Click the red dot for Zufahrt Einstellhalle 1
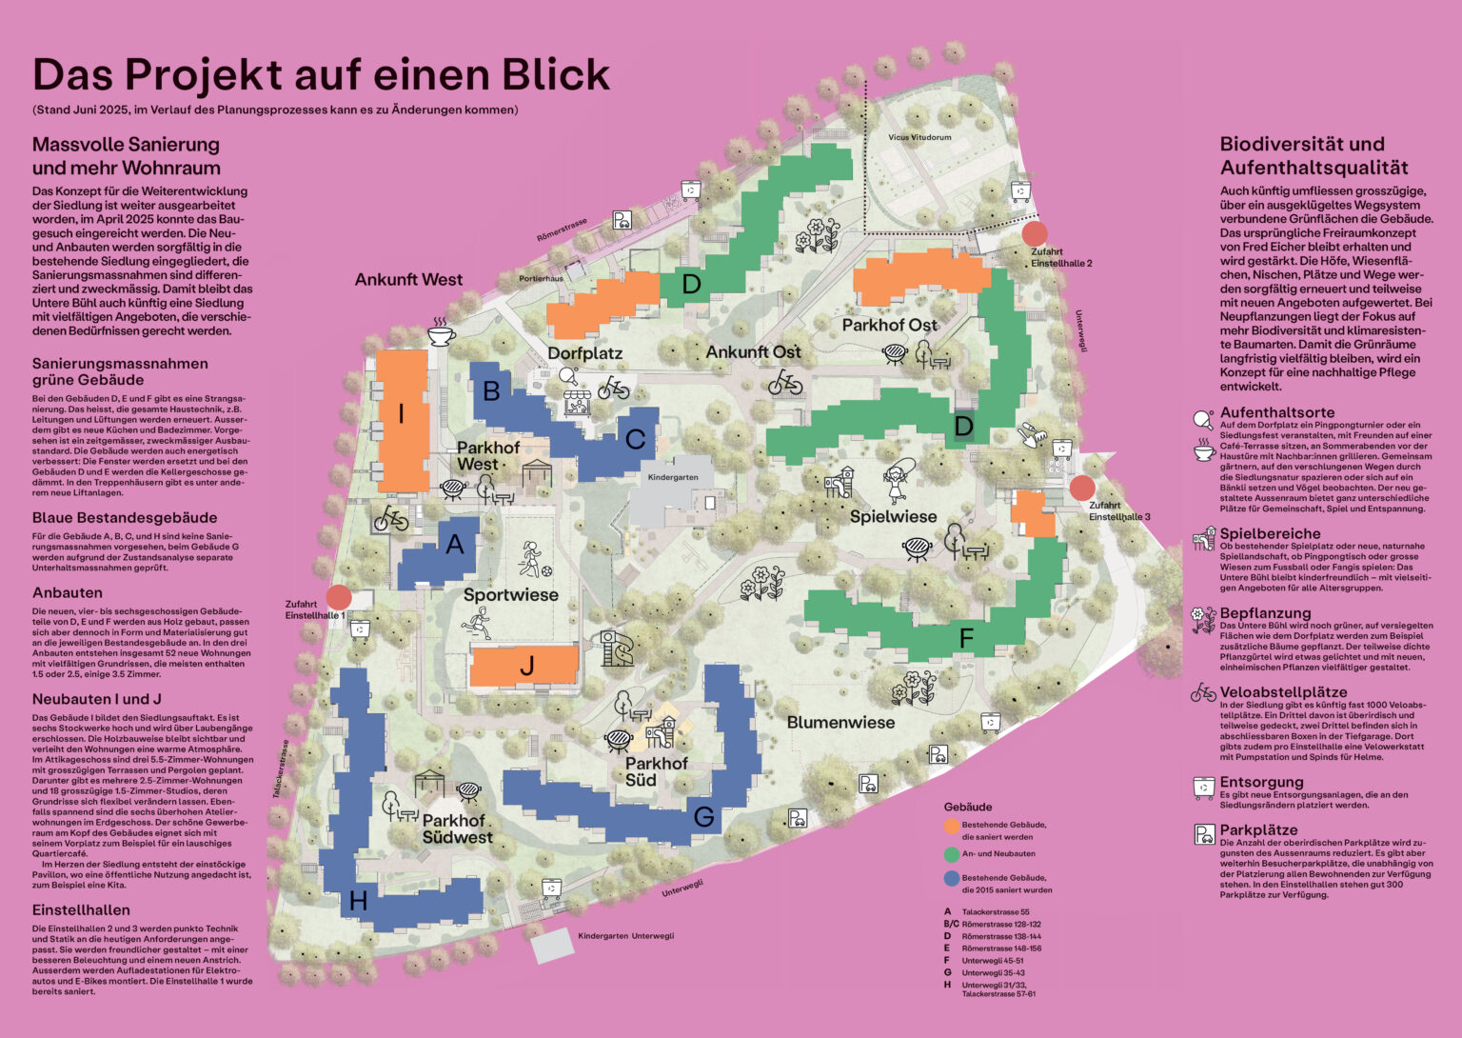(x=338, y=597)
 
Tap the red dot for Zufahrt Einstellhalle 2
(x=1035, y=233)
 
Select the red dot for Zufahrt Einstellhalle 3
(x=1082, y=489)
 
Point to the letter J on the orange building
(x=526, y=667)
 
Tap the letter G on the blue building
(x=703, y=816)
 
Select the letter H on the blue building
(x=359, y=901)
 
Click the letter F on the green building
(x=966, y=638)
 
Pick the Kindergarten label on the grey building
(x=673, y=477)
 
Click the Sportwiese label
(x=511, y=595)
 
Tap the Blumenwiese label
(x=840, y=723)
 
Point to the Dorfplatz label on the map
(x=584, y=353)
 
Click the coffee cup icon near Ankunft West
(x=441, y=333)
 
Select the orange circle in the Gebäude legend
(x=952, y=826)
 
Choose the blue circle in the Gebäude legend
(x=952, y=878)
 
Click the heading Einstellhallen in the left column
(x=81, y=910)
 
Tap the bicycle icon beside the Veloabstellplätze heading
(x=1203, y=692)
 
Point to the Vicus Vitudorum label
(x=919, y=137)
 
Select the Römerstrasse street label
(x=562, y=229)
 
